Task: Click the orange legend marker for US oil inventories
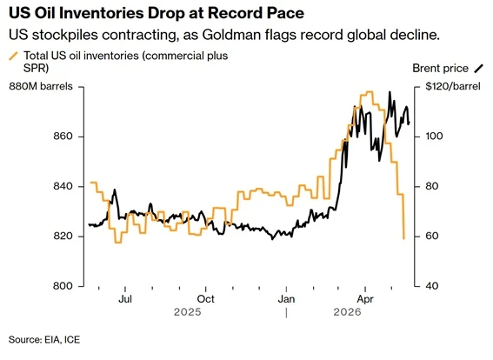pyautogui.click(x=14, y=56)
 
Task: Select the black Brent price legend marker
pyautogui.click(x=478, y=68)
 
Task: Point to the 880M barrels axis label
pyautogui.click(x=41, y=86)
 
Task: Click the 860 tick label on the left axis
pyautogui.click(x=63, y=137)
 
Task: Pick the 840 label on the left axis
pyautogui.click(x=63, y=186)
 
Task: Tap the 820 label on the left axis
pyautogui.click(x=63, y=236)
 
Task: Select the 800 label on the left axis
pyautogui.click(x=63, y=286)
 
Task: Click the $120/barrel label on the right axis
pyautogui.click(x=453, y=86)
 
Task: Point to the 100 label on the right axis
pyautogui.click(x=434, y=137)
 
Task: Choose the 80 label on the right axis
pyautogui.click(x=431, y=186)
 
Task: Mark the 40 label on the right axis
pyautogui.click(x=431, y=286)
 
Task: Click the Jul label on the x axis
pyautogui.click(x=125, y=298)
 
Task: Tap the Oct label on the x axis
pyautogui.click(x=205, y=298)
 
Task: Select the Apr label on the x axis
pyautogui.click(x=365, y=298)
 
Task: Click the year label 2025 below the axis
pyautogui.click(x=188, y=312)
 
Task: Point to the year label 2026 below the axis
pyautogui.click(x=348, y=312)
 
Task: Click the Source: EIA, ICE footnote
pyautogui.click(x=44, y=339)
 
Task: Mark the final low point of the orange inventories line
pyautogui.click(x=403, y=239)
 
